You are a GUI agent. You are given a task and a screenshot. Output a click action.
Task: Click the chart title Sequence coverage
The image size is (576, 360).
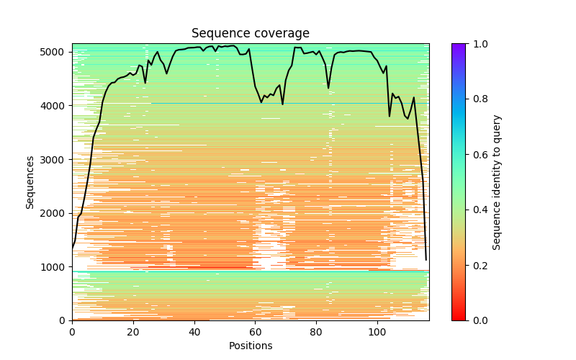251,33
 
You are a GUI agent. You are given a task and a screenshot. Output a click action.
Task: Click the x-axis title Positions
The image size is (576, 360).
251,346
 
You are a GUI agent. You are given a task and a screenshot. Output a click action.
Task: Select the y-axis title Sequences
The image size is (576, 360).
30,182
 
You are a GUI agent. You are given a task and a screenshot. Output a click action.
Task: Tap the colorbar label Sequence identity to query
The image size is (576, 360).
497,182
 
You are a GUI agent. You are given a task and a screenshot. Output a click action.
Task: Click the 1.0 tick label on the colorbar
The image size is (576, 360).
477,44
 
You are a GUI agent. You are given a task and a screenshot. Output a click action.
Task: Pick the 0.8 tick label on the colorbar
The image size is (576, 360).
477,99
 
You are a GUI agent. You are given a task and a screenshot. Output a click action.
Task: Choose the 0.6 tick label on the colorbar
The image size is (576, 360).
477,155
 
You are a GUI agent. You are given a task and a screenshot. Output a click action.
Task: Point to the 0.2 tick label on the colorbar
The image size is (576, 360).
477,265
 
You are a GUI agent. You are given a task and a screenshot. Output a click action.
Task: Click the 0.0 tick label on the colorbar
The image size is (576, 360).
477,320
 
